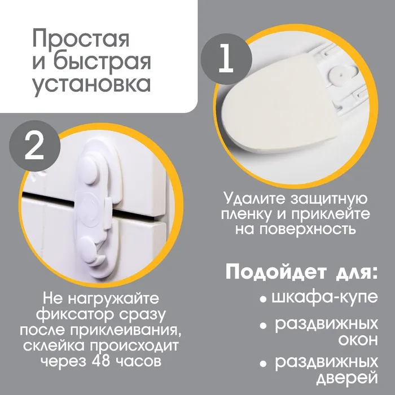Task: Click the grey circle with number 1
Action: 226,59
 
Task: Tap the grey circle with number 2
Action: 35,146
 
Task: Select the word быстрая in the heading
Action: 102,62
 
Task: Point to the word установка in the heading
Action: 91,84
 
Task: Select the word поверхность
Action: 308,229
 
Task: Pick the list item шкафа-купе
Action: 324,298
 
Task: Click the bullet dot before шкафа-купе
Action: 263,300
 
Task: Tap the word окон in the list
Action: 358,341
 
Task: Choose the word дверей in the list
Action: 347,379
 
